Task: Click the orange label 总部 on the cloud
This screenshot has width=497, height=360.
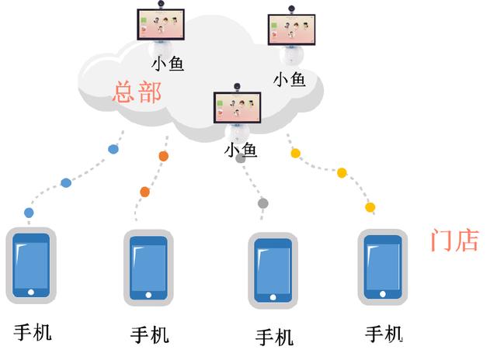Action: pyautogui.click(x=137, y=92)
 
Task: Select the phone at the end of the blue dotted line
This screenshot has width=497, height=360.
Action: pyautogui.click(x=31, y=265)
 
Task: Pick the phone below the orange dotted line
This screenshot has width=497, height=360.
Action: pyautogui.click(x=147, y=266)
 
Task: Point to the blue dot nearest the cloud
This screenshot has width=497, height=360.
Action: pyautogui.click(x=113, y=148)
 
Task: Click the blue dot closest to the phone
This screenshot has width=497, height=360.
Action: pyautogui.click(x=30, y=212)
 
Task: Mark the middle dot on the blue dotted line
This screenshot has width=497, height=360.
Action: pyautogui.click(x=66, y=183)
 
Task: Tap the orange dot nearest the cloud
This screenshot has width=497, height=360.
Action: pyautogui.click(x=163, y=156)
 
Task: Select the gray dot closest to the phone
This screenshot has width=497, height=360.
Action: pyautogui.click(x=263, y=203)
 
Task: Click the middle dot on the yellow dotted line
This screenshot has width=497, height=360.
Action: pyautogui.click(x=342, y=172)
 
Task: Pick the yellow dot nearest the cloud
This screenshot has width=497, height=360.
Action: pyautogui.click(x=295, y=154)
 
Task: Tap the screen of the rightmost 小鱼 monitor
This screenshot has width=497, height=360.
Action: pyautogui.click(x=292, y=31)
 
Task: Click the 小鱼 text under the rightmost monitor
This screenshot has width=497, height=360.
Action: pyautogui.click(x=289, y=79)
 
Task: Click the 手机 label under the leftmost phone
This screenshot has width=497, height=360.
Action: pyautogui.click(x=33, y=332)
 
